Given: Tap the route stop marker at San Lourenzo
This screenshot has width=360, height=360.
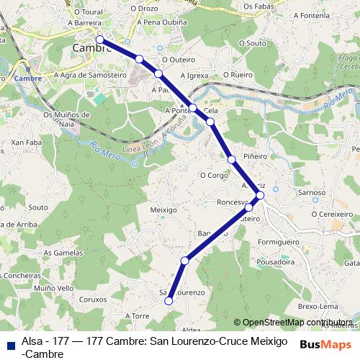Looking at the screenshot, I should click(169, 302).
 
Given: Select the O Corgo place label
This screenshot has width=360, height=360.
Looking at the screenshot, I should click(213, 174).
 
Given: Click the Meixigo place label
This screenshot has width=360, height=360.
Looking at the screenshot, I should click(163, 210).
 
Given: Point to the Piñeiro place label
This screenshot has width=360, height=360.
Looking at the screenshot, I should click(255, 156).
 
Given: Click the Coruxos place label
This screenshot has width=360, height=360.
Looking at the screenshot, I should click(93, 298).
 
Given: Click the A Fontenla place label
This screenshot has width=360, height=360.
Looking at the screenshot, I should click(312, 14).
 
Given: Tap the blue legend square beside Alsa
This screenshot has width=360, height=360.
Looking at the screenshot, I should click(9, 344).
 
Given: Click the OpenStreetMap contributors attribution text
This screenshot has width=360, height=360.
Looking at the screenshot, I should click(292, 323).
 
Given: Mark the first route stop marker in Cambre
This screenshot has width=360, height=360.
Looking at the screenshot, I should click(99, 40).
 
